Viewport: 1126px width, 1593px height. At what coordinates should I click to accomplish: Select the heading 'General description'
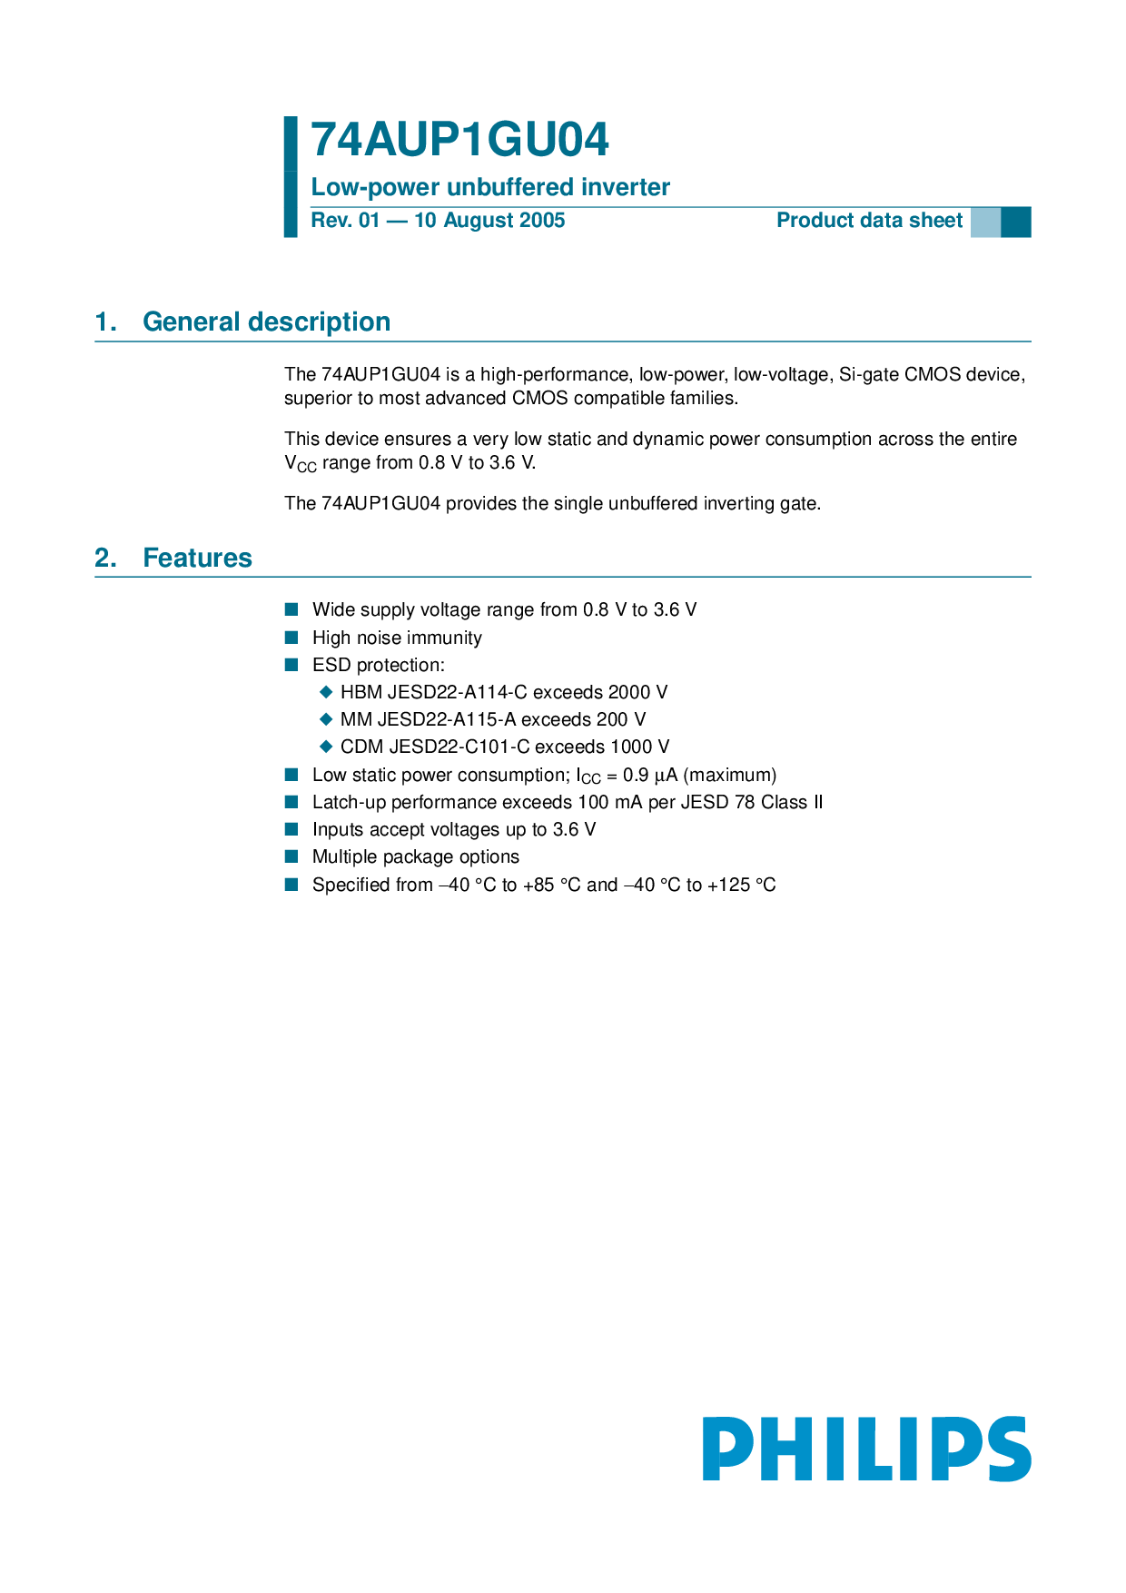pyautogui.click(x=266, y=322)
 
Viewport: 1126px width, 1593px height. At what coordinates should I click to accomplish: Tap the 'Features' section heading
pyautogui.click(x=197, y=558)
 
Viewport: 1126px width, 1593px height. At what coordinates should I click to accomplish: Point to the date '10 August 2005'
pyautogui.click(x=489, y=221)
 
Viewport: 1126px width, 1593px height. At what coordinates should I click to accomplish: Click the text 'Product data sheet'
pyautogui.click(x=869, y=221)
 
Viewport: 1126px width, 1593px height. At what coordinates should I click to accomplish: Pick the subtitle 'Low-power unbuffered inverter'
pyautogui.click(x=490, y=187)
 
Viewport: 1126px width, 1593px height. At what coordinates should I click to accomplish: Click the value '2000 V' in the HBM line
pyautogui.click(x=637, y=692)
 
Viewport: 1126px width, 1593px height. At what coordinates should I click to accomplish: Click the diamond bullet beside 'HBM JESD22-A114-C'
pyautogui.click(x=327, y=692)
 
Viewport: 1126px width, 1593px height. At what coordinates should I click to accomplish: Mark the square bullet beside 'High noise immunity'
pyautogui.click(x=291, y=638)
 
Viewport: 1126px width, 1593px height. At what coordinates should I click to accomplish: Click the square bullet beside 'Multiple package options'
pyautogui.click(x=291, y=856)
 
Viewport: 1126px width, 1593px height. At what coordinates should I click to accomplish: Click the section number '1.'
pyautogui.click(x=106, y=322)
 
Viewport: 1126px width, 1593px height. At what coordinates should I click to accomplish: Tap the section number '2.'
pyautogui.click(x=106, y=558)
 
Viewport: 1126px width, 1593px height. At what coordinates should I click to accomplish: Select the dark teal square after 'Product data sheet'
pyautogui.click(x=1016, y=222)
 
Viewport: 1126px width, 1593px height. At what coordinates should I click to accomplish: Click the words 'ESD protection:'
pyautogui.click(x=379, y=665)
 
